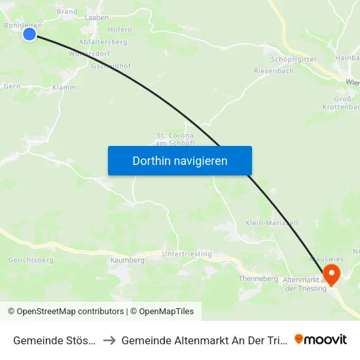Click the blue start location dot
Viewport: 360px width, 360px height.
pyautogui.click(x=29, y=33)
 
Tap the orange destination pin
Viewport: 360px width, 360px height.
pyautogui.click(x=332, y=274)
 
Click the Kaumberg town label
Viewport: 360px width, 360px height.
pyautogui.click(x=128, y=260)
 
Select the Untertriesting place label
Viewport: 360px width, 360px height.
pyautogui.click(x=187, y=254)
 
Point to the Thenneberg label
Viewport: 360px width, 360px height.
pyautogui.click(x=259, y=278)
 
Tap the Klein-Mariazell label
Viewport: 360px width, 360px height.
pyautogui.click(x=272, y=223)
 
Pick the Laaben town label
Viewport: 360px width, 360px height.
pyautogui.click(x=97, y=17)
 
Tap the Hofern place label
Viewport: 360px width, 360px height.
pyautogui.click(x=120, y=29)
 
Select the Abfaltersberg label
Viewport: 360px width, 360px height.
pyautogui.click(x=103, y=42)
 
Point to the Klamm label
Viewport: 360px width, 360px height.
pyautogui.click(x=64, y=87)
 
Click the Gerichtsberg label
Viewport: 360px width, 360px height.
pyautogui.click(x=31, y=260)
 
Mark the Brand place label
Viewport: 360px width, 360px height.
pyautogui.click(x=67, y=12)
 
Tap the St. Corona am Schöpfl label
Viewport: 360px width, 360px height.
pyautogui.click(x=173, y=139)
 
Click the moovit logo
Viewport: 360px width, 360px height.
pyautogui.click(x=321, y=339)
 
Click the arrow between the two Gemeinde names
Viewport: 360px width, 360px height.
pyautogui.click(x=109, y=340)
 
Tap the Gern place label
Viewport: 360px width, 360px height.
pyautogui.click(x=12, y=86)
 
